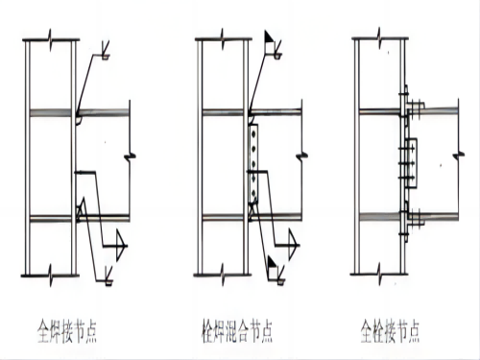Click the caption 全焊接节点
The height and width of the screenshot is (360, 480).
(67, 331)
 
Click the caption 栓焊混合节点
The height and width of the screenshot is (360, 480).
(237, 331)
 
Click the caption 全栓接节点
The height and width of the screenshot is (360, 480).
(390, 331)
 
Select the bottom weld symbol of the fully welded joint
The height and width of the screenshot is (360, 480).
(108, 276)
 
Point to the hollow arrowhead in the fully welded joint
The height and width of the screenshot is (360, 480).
(120, 246)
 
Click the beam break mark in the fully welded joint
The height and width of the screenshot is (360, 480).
(130, 156)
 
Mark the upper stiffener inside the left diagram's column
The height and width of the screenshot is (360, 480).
(50, 113)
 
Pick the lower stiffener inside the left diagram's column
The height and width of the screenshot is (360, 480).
(50, 219)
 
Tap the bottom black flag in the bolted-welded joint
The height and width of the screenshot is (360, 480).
(273, 262)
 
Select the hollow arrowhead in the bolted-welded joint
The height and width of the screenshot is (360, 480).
(293, 245)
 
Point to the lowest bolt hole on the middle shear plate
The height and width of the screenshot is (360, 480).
(253, 193)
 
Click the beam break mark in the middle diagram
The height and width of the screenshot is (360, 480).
(301, 156)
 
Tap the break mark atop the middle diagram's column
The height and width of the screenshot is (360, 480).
(223, 39)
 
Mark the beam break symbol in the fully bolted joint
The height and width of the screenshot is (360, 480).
(459, 156)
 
